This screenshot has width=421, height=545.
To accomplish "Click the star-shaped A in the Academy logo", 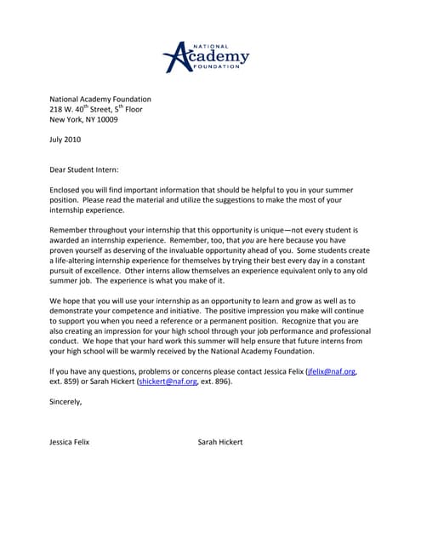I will (176, 57).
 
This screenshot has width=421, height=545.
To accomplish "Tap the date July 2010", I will (67, 139).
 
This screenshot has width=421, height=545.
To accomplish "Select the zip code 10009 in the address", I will (106, 119).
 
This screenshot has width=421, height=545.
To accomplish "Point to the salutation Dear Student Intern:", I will (84, 170).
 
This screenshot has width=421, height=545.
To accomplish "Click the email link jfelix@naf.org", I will (333, 371).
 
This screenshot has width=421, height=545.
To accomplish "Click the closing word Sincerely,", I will (66, 402).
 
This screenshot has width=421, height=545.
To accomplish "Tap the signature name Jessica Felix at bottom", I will (70, 443).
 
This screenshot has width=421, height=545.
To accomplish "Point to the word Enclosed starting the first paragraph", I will (67, 190).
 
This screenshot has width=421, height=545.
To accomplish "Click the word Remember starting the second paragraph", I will (71, 231).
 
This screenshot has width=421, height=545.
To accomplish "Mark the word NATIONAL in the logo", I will (212, 44).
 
